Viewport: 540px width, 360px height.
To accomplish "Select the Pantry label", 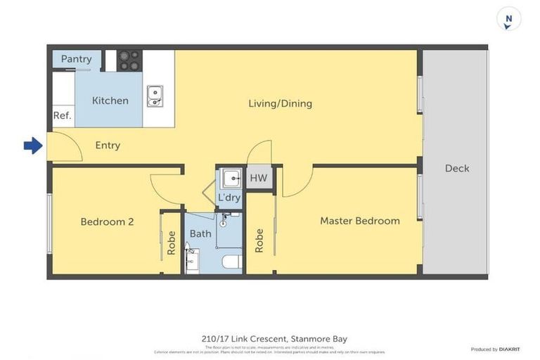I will click(76, 59).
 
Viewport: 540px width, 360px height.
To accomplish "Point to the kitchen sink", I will click(155, 96).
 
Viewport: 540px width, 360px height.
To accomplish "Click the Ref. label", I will click(62, 116).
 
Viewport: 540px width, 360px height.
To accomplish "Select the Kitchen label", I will click(110, 101).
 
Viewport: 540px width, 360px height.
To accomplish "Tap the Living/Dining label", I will click(280, 103).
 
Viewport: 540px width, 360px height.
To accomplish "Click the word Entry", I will click(108, 146).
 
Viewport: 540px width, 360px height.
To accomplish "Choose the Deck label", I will click(457, 168).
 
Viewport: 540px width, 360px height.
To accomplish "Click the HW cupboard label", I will click(259, 178).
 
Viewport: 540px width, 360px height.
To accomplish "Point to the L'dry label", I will click(229, 198).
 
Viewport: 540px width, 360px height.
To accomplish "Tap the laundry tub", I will click(229, 178).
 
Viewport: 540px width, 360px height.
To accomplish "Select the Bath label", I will click(200, 233).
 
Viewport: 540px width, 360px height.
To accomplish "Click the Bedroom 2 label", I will click(107, 221).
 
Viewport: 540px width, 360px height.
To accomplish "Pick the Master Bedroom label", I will click(359, 221).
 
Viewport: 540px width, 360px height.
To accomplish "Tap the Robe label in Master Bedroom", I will click(259, 240).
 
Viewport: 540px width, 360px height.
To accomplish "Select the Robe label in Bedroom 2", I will click(171, 243).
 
